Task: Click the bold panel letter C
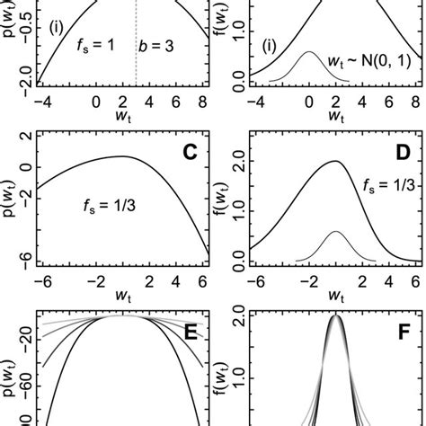pyautogui.click(x=190, y=151)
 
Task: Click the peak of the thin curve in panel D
pyautogui.click(x=336, y=232)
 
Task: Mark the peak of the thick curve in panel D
pyautogui.click(x=335, y=162)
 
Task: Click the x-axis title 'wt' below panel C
pyautogui.click(x=121, y=295)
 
